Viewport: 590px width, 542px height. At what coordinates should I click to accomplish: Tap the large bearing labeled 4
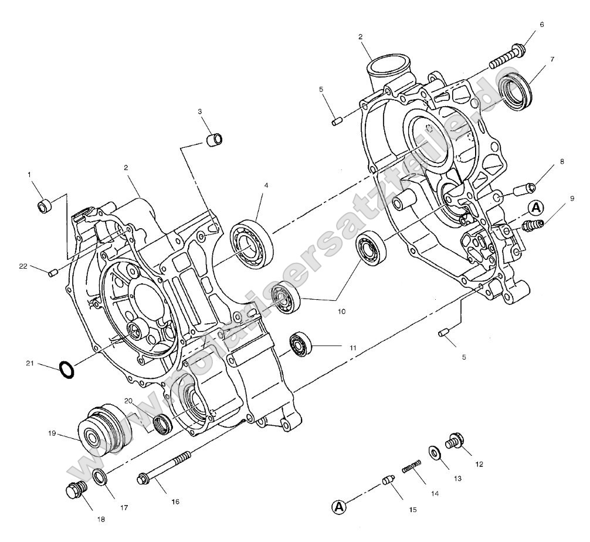point(250,241)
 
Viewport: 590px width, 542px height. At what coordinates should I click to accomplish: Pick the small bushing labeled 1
point(45,206)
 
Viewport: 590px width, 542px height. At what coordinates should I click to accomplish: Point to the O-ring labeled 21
point(67,370)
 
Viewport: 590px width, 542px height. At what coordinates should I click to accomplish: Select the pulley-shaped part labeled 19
point(99,432)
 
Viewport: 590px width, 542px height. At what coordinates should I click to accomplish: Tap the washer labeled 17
point(100,476)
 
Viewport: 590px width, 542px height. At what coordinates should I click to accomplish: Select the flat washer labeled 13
point(436,453)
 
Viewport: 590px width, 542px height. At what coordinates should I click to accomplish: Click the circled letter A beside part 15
point(339,506)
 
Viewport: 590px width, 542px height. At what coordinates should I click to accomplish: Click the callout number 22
point(23,267)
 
